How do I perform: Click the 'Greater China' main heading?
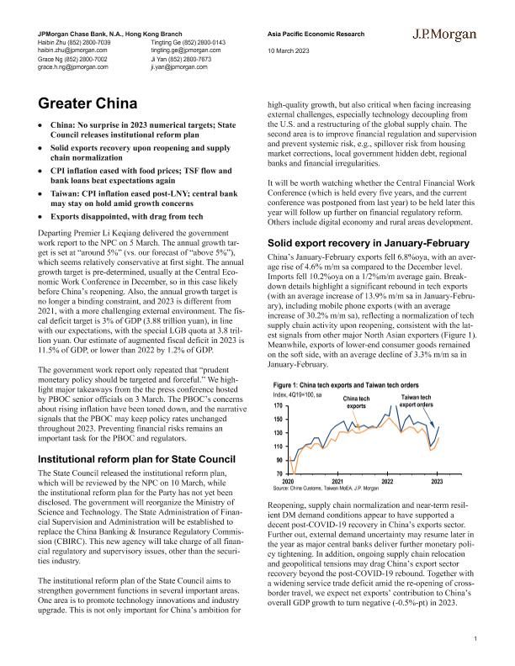tap(88, 104)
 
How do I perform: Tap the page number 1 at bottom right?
tap(475, 640)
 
